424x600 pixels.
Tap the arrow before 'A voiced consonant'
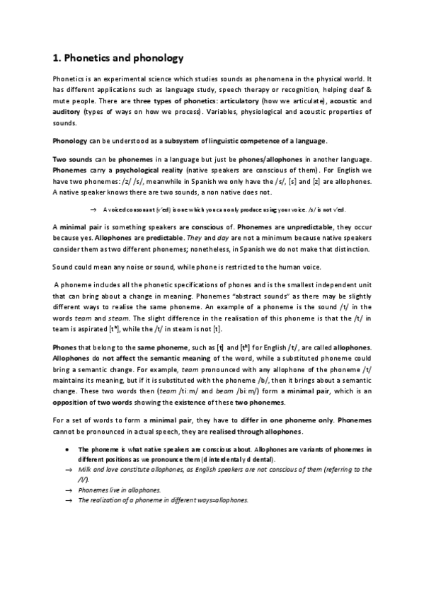[x=93, y=209]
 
